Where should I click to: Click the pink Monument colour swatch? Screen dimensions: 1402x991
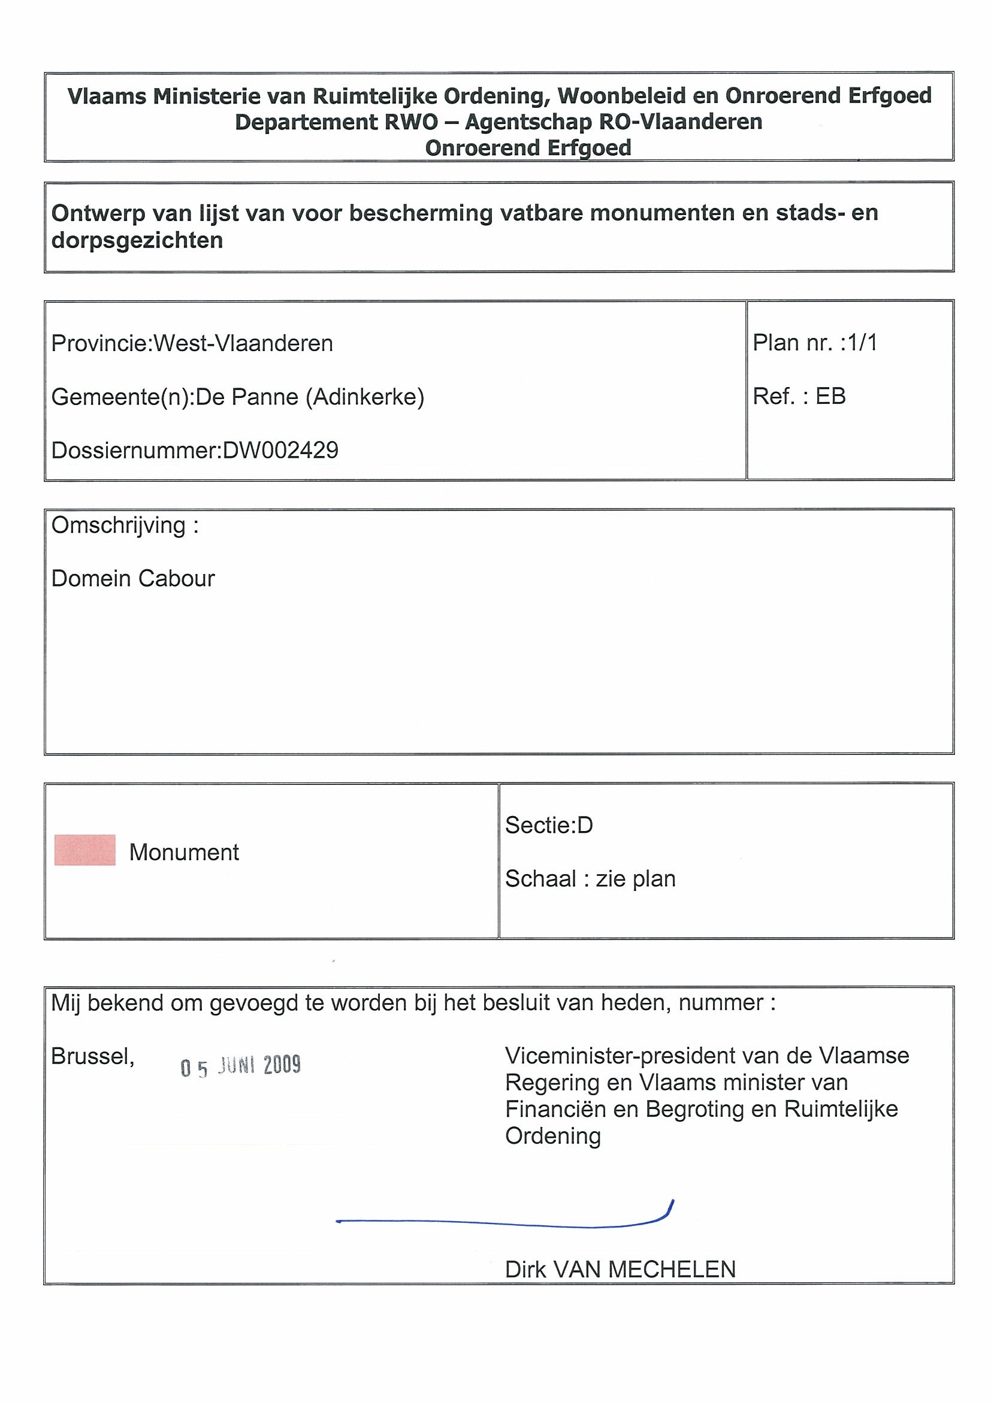point(84,850)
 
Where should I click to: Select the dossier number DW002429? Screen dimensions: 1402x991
point(280,450)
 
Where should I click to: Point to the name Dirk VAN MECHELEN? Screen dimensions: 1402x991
point(620,1270)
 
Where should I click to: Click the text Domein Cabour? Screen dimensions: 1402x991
point(133,578)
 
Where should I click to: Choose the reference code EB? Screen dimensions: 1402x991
point(830,396)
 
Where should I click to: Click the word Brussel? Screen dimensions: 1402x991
point(92,1056)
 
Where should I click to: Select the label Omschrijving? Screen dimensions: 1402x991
point(119,525)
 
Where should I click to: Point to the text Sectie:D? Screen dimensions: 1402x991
point(549,825)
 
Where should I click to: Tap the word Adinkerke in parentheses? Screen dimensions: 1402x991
point(364,397)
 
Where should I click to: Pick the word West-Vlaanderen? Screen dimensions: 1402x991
point(243,343)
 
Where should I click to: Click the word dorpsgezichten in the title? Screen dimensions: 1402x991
point(137,240)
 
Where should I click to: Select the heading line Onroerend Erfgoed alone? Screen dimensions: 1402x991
point(528,148)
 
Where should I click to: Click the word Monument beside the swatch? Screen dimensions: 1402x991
point(184,852)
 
